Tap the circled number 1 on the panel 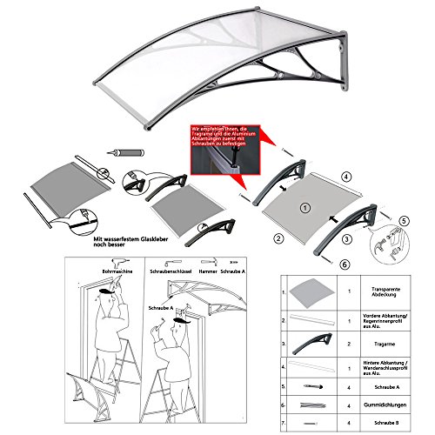[304, 207]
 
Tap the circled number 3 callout [345, 238]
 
